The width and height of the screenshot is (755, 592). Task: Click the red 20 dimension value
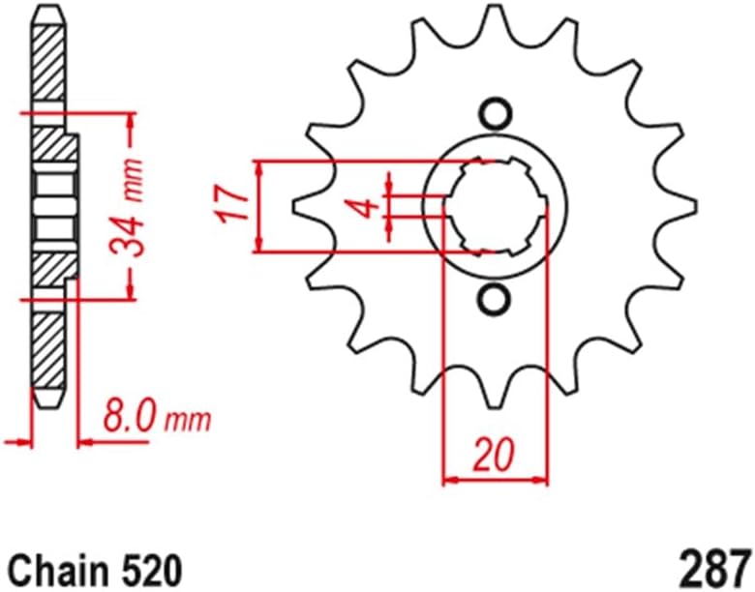coord(495,454)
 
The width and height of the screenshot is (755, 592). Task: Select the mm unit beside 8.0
coord(187,422)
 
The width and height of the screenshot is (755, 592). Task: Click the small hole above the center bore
coord(495,114)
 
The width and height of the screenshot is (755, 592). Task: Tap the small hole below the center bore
coord(495,298)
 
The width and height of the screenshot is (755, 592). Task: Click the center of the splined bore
coord(496,206)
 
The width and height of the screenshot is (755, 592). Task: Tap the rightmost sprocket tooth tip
coord(694,205)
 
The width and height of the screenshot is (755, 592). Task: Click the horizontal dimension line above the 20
coord(495,478)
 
